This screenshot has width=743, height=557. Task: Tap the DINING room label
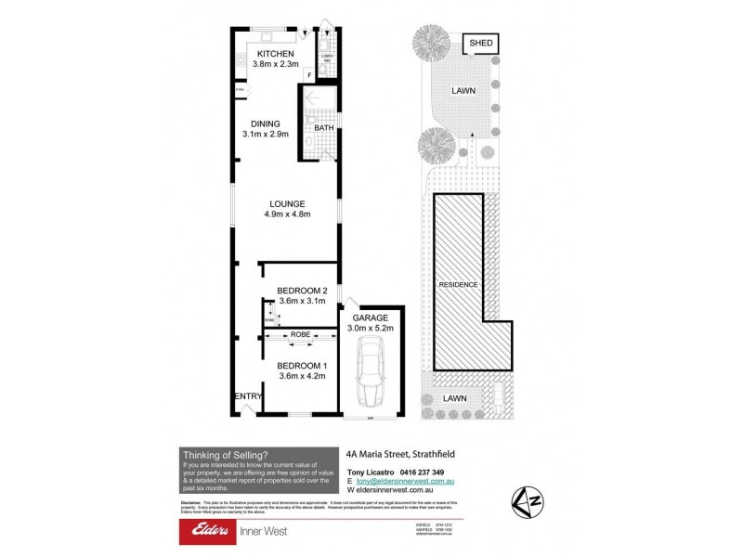pyautogui.click(x=265, y=123)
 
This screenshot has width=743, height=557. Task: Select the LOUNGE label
pyautogui.click(x=287, y=204)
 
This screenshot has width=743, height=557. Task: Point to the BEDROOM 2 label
pyautogui.click(x=304, y=291)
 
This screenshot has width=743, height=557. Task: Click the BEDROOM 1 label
pyautogui.click(x=304, y=365)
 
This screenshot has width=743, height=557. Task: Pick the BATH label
pyautogui.click(x=323, y=129)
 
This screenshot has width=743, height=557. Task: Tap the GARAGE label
pyautogui.click(x=370, y=317)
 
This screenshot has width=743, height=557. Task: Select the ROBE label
pyautogui.click(x=300, y=333)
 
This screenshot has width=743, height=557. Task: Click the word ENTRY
pyautogui.click(x=248, y=396)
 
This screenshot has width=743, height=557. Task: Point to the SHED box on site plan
pyautogui.click(x=480, y=44)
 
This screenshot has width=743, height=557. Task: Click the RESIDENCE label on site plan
pyautogui.click(x=459, y=284)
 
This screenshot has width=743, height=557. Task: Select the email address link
pyautogui.click(x=404, y=482)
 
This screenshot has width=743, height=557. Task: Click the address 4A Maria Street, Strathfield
pyautogui.click(x=398, y=454)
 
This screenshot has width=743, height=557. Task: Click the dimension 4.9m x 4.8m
pyautogui.click(x=287, y=214)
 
